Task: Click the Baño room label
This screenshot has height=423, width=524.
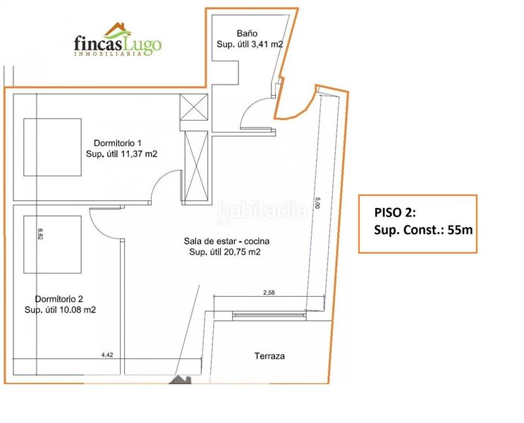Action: point(247,32)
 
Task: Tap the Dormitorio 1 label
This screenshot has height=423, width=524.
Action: point(118,143)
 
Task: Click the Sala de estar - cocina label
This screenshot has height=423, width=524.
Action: point(225,241)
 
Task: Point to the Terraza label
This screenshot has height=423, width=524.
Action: point(269,356)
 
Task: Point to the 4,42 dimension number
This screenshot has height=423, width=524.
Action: point(107,355)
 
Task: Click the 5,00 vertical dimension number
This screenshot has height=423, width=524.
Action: point(318,202)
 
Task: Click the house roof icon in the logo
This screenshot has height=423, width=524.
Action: point(114,30)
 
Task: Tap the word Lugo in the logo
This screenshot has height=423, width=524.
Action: point(143,45)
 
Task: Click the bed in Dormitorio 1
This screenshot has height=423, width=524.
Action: point(52,147)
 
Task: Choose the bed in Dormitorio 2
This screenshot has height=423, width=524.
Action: point(52,244)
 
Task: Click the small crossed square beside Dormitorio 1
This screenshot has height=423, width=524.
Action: point(194,109)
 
